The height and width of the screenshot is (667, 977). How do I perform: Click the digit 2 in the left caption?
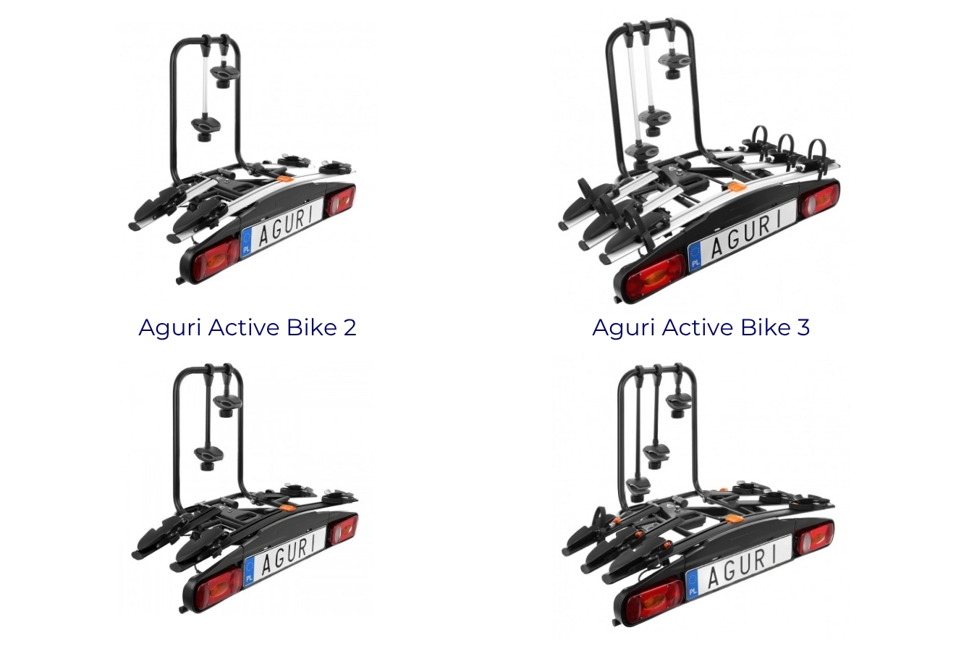pyautogui.click(x=350, y=327)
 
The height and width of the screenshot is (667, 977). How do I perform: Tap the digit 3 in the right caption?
pyautogui.click(x=803, y=327)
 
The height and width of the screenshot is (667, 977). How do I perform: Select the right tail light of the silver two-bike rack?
pyautogui.click(x=340, y=201)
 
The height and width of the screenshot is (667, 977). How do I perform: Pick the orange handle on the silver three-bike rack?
pyautogui.click(x=737, y=187)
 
